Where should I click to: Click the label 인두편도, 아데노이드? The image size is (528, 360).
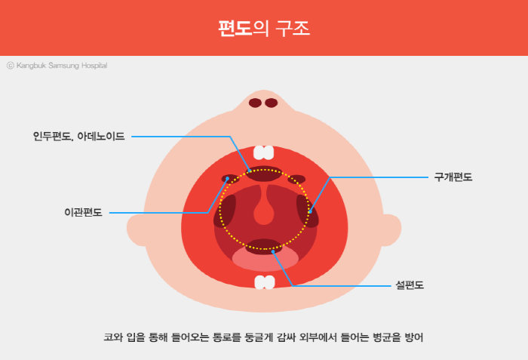pyautogui.click(x=78, y=136)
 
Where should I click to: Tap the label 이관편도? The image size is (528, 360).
pyautogui.click(x=83, y=212)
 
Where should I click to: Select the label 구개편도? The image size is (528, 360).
pyautogui.click(x=453, y=177)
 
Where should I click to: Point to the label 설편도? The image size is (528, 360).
pyautogui.click(x=410, y=285)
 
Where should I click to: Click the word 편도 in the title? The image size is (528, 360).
pyautogui.click(x=235, y=29)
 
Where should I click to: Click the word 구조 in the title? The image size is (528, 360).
pyautogui.click(x=293, y=29)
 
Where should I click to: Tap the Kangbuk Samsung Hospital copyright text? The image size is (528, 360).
pyautogui.click(x=57, y=66)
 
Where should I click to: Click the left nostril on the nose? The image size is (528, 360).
pyautogui.click(x=255, y=103)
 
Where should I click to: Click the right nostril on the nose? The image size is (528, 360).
pyautogui.click(x=272, y=103)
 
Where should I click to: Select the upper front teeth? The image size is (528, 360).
pyautogui.click(x=264, y=152)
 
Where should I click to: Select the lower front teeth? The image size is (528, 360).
pyautogui.click(x=265, y=282)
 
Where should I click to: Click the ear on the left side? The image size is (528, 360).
pyautogui.click(x=137, y=230)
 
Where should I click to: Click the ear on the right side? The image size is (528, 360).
pyautogui.click(x=391, y=230)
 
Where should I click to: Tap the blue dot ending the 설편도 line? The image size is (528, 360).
pyautogui.click(x=273, y=252)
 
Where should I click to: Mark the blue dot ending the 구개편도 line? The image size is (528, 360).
pyautogui.click(x=310, y=211)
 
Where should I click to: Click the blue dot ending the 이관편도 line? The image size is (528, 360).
pyautogui.click(x=228, y=178)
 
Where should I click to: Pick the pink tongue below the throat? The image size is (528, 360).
pyautogui.click(x=266, y=259)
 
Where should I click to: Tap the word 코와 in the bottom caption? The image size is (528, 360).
pyautogui.click(x=113, y=337)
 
